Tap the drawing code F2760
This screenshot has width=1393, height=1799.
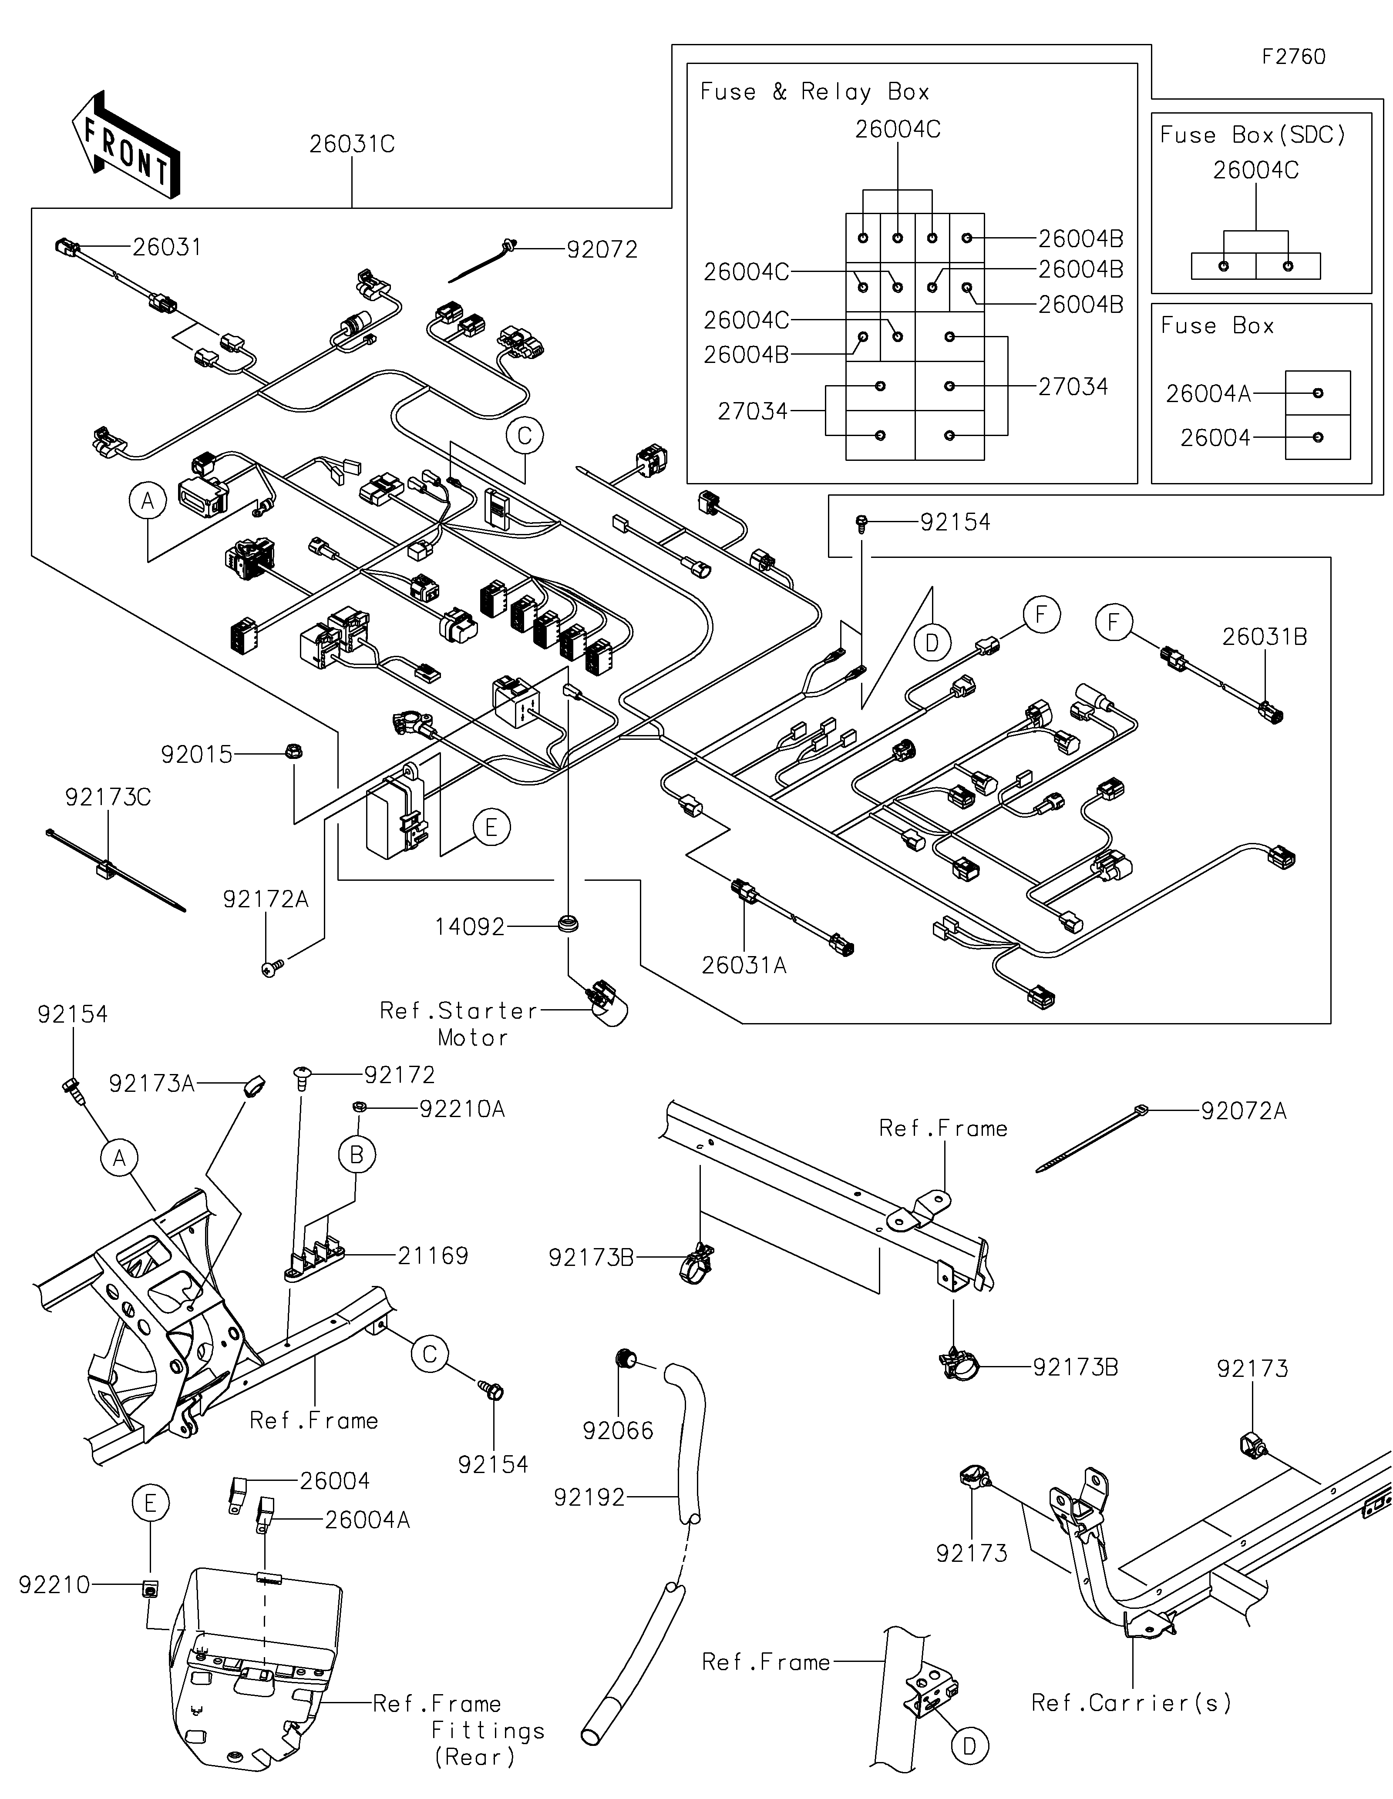point(1293,57)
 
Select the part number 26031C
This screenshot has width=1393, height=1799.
point(352,144)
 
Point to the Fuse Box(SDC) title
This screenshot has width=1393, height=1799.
point(1252,135)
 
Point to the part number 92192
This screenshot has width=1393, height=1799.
point(589,1497)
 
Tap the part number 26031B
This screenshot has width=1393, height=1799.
point(1265,637)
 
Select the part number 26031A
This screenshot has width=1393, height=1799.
point(744,965)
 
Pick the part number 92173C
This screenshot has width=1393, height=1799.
point(108,797)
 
